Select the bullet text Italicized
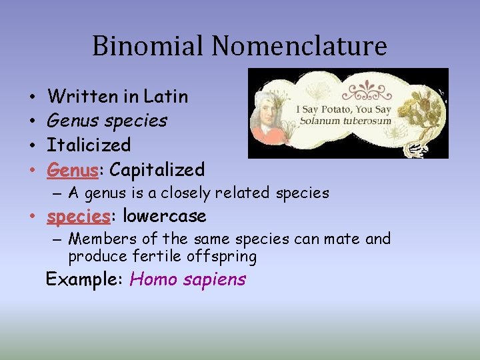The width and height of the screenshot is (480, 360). coord(89,145)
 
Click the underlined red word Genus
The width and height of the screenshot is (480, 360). coord(73,170)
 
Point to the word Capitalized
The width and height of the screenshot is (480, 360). coord(157,170)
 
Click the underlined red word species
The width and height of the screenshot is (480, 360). coord(78,217)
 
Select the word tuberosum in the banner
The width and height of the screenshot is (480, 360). coord(367,121)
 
